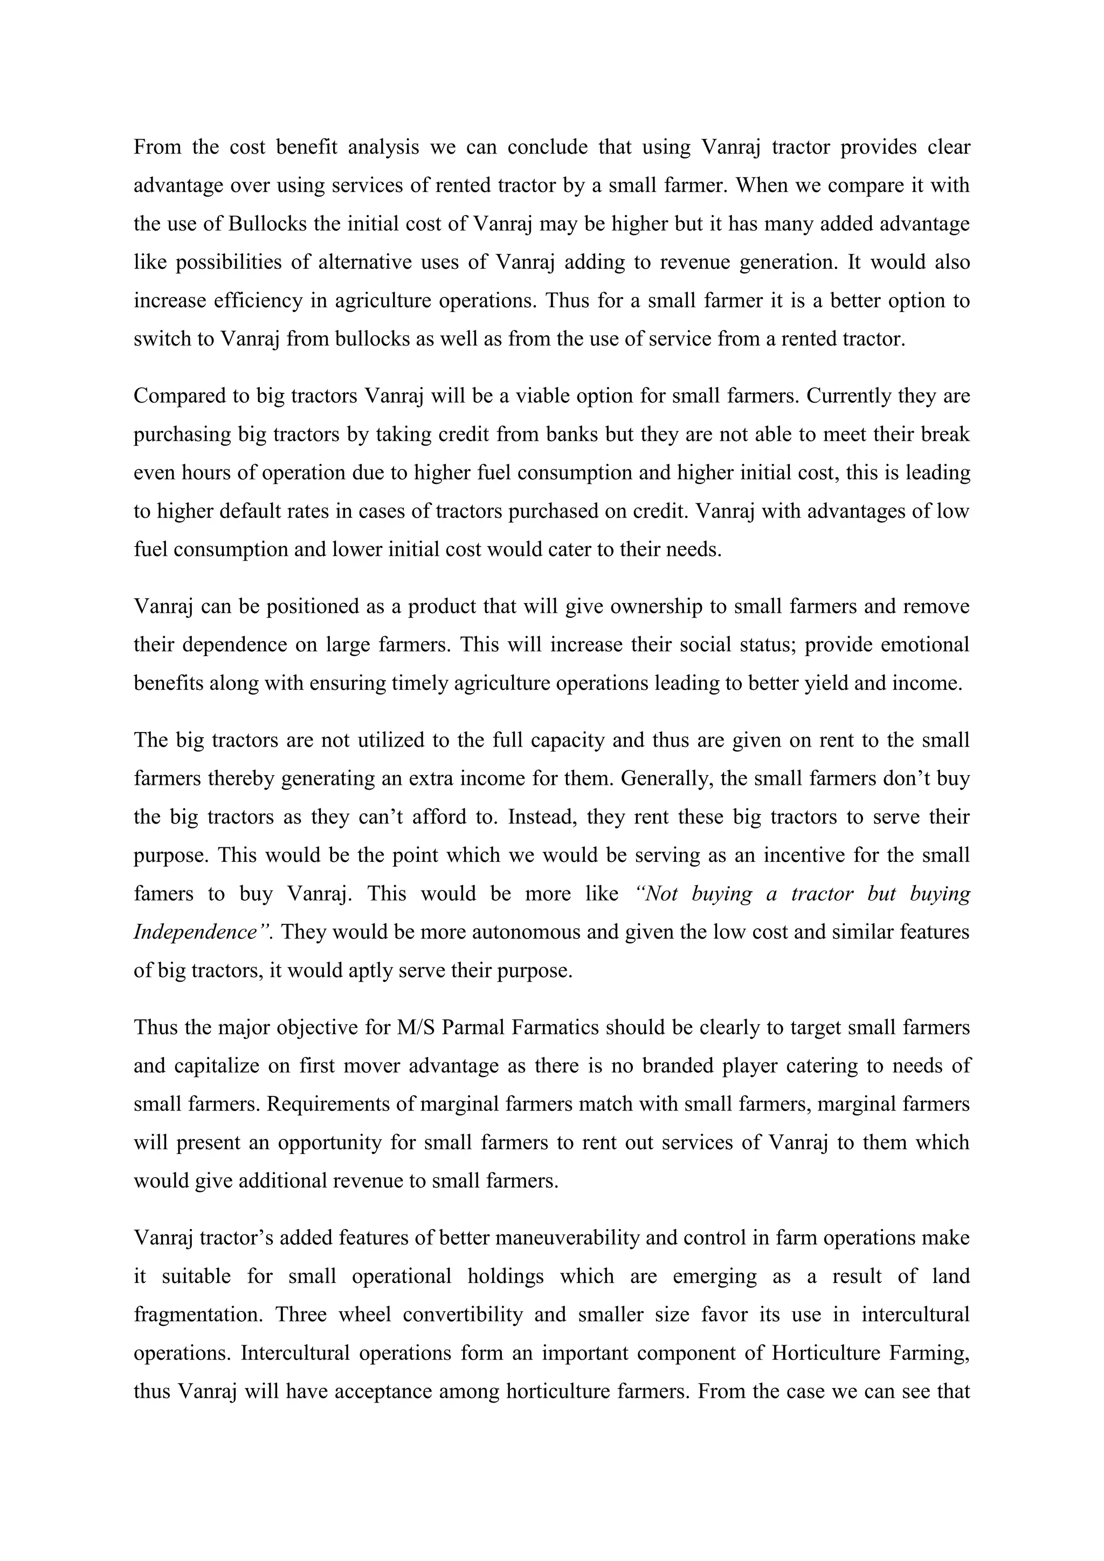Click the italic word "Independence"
pos(195,931)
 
